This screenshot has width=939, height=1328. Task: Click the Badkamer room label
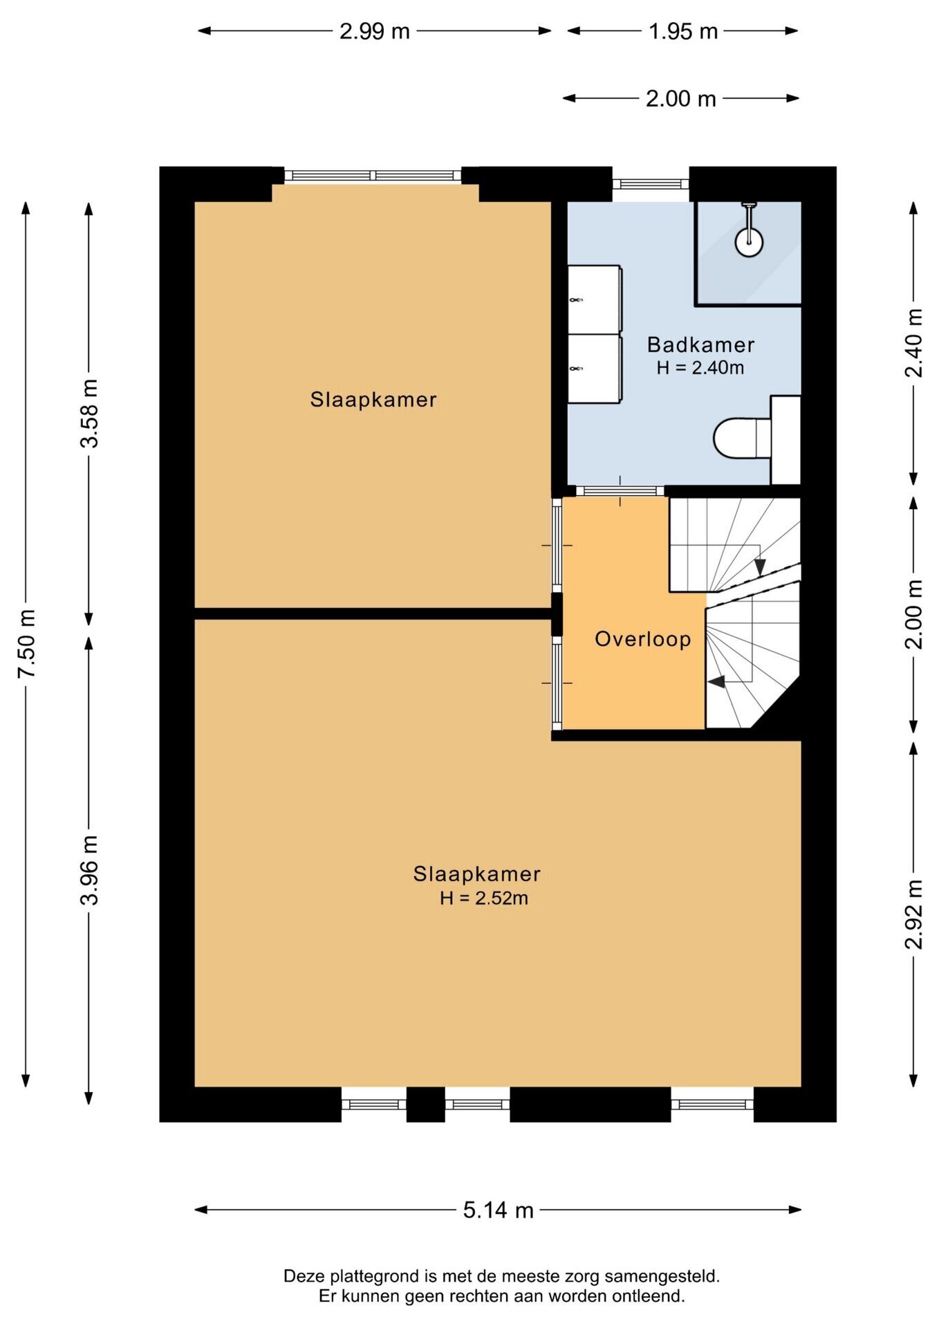700,344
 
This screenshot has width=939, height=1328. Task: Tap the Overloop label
643,639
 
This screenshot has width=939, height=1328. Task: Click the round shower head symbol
749,242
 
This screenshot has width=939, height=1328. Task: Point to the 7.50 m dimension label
27,644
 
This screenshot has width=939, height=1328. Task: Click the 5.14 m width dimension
498,1210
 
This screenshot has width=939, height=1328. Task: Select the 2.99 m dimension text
375,31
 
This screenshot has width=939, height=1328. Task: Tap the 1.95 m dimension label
683,31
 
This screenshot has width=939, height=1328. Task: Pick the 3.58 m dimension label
90,413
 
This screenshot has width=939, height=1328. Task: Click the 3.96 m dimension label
90,870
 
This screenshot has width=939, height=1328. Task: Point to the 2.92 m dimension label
914,914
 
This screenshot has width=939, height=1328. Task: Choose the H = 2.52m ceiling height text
484,898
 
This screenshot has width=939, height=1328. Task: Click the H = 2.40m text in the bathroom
700,368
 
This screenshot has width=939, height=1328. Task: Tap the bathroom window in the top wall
651,184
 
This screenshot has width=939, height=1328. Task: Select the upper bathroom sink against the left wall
595,299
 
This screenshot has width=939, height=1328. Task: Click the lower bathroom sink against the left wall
595,369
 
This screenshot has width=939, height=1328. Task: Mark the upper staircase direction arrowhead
760,567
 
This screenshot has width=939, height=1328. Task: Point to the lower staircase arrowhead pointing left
716,682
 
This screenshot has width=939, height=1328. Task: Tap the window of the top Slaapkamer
373,175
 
